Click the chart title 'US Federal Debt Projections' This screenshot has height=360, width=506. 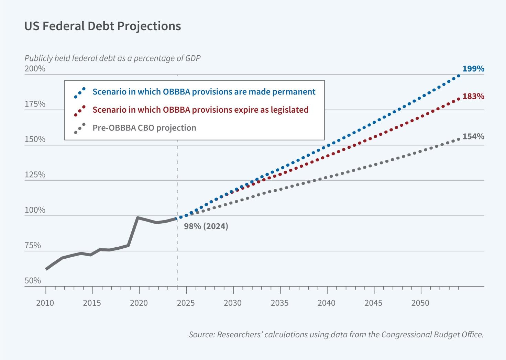pyautogui.click(x=102, y=26)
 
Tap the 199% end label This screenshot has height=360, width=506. pyautogui.click(x=473, y=69)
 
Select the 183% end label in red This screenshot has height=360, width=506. pyautogui.click(x=473, y=96)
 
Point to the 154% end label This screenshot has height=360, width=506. pyautogui.click(x=473, y=136)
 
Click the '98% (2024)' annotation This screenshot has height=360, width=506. pyautogui.click(x=206, y=226)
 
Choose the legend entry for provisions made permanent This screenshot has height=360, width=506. pyautogui.click(x=204, y=92)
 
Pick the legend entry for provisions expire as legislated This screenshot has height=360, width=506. pyautogui.click(x=200, y=110)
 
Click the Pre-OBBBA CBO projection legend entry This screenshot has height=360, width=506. pyautogui.click(x=144, y=128)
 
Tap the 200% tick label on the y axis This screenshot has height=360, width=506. pyautogui.click(x=35, y=69)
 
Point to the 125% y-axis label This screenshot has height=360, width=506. pyautogui.click(x=35, y=175)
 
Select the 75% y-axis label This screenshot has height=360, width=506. pyautogui.click(x=33, y=245)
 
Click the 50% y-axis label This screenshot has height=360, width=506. pyautogui.click(x=33, y=281)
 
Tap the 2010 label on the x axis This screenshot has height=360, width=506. pyautogui.click(x=45, y=303)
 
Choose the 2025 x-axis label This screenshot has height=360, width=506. pyautogui.click(x=186, y=303)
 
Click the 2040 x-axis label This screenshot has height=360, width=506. pyautogui.click(x=326, y=303)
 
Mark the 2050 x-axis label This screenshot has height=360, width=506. pyautogui.click(x=420, y=303)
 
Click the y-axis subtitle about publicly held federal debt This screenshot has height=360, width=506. pyautogui.click(x=112, y=58)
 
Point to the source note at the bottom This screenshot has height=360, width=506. pyautogui.click(x=336, y=334)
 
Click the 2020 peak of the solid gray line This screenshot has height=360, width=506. pyautogui.click(x=137, y=218)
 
